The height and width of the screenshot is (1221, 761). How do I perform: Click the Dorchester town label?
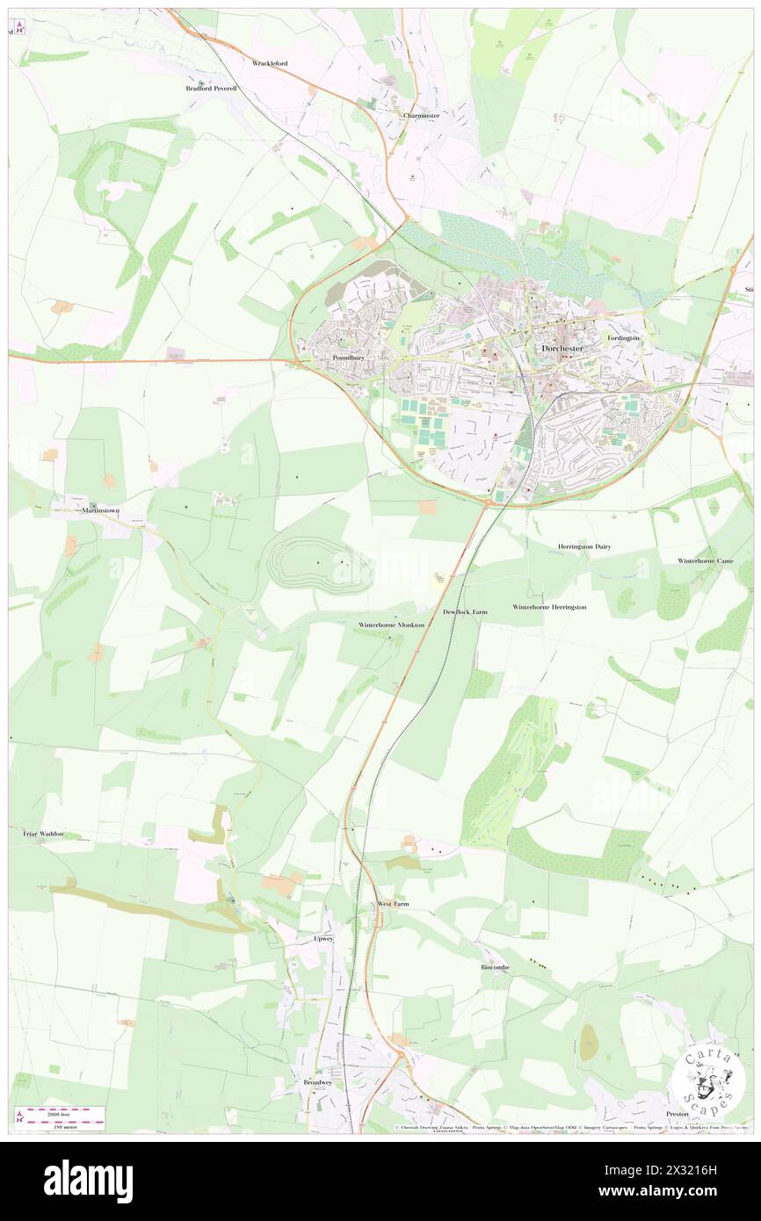tap(561, 348)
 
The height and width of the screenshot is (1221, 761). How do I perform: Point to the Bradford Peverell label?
tap(211, 88)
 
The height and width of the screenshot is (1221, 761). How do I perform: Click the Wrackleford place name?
tap(270, 63)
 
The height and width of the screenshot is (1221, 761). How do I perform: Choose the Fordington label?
tap(623, 338)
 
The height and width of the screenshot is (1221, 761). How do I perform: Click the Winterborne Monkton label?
tap(392, 625)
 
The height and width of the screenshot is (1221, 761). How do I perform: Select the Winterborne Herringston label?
tap(549, 607)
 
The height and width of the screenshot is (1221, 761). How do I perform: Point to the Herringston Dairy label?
tap(583, 546)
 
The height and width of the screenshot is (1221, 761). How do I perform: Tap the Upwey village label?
tap(324, 938)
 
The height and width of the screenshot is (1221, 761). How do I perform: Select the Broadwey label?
tap(317, 1082)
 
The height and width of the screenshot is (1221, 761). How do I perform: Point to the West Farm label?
tap(393, 904)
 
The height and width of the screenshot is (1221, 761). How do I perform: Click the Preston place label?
tap(678, 1113)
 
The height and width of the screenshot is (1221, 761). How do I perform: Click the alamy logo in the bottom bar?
tap(88, 1181)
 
